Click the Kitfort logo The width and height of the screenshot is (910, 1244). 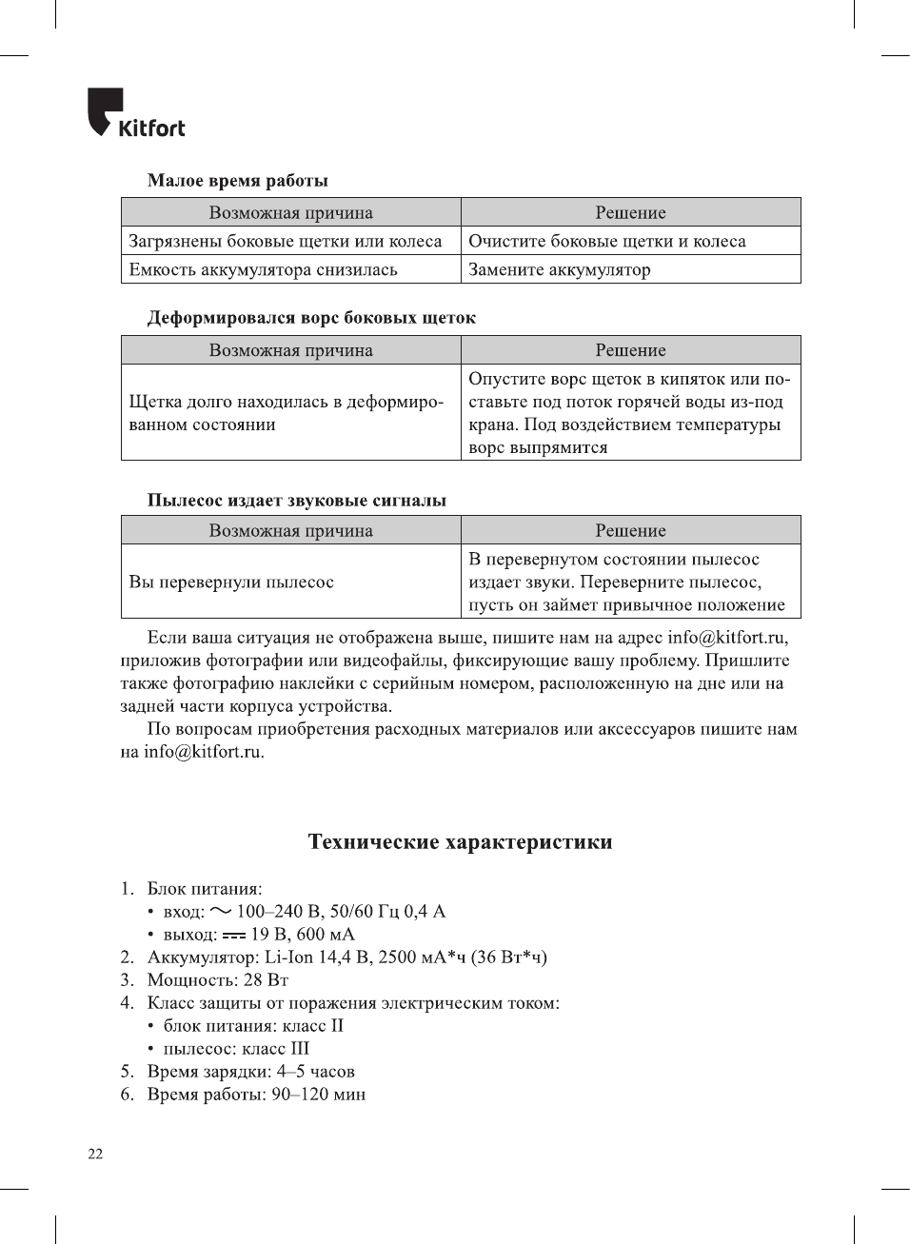[x=135, y=113]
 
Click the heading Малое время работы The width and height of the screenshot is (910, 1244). [x=237, y=181]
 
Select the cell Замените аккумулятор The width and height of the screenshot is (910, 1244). [x=560, y=270]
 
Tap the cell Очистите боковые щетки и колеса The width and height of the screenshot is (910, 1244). [x=606, y=242]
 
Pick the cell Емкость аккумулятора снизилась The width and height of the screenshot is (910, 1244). [x=263, y=270]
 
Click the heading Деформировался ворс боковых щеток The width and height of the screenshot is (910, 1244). [x=311, y=318]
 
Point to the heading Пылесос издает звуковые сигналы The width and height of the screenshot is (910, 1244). [x=296, y=501]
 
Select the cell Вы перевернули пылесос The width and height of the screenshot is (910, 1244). [x=231, y=583]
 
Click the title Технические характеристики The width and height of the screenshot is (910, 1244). [x=460, y=842]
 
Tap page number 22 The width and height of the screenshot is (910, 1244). [x=95, y=1155]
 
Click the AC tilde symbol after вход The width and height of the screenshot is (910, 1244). [x=221, y=911]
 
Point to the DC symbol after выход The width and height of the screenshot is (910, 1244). [x=234, y=936]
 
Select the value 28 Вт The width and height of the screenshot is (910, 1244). [x=266, y=980]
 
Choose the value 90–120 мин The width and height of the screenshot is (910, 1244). [x=318, y=1095]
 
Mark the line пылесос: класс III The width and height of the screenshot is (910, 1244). [x=235, y=1049]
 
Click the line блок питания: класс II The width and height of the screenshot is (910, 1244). [x=252, y=1026]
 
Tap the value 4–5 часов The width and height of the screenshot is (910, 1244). [x=316, y=1072]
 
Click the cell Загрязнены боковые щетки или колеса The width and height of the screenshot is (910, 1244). [x=286, y=242]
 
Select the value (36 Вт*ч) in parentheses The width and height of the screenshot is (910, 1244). [x=508, y=958]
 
